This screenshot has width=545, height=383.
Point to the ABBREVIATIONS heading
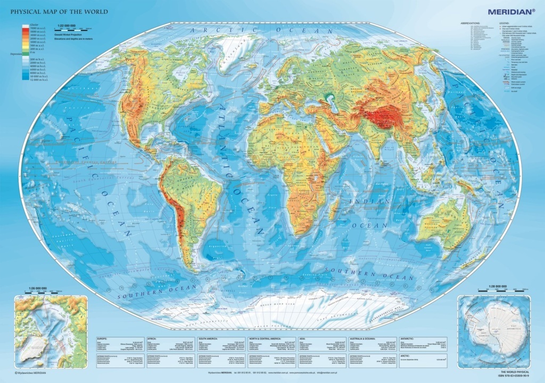[470, 23]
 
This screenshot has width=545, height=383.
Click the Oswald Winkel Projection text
[80, 33]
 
